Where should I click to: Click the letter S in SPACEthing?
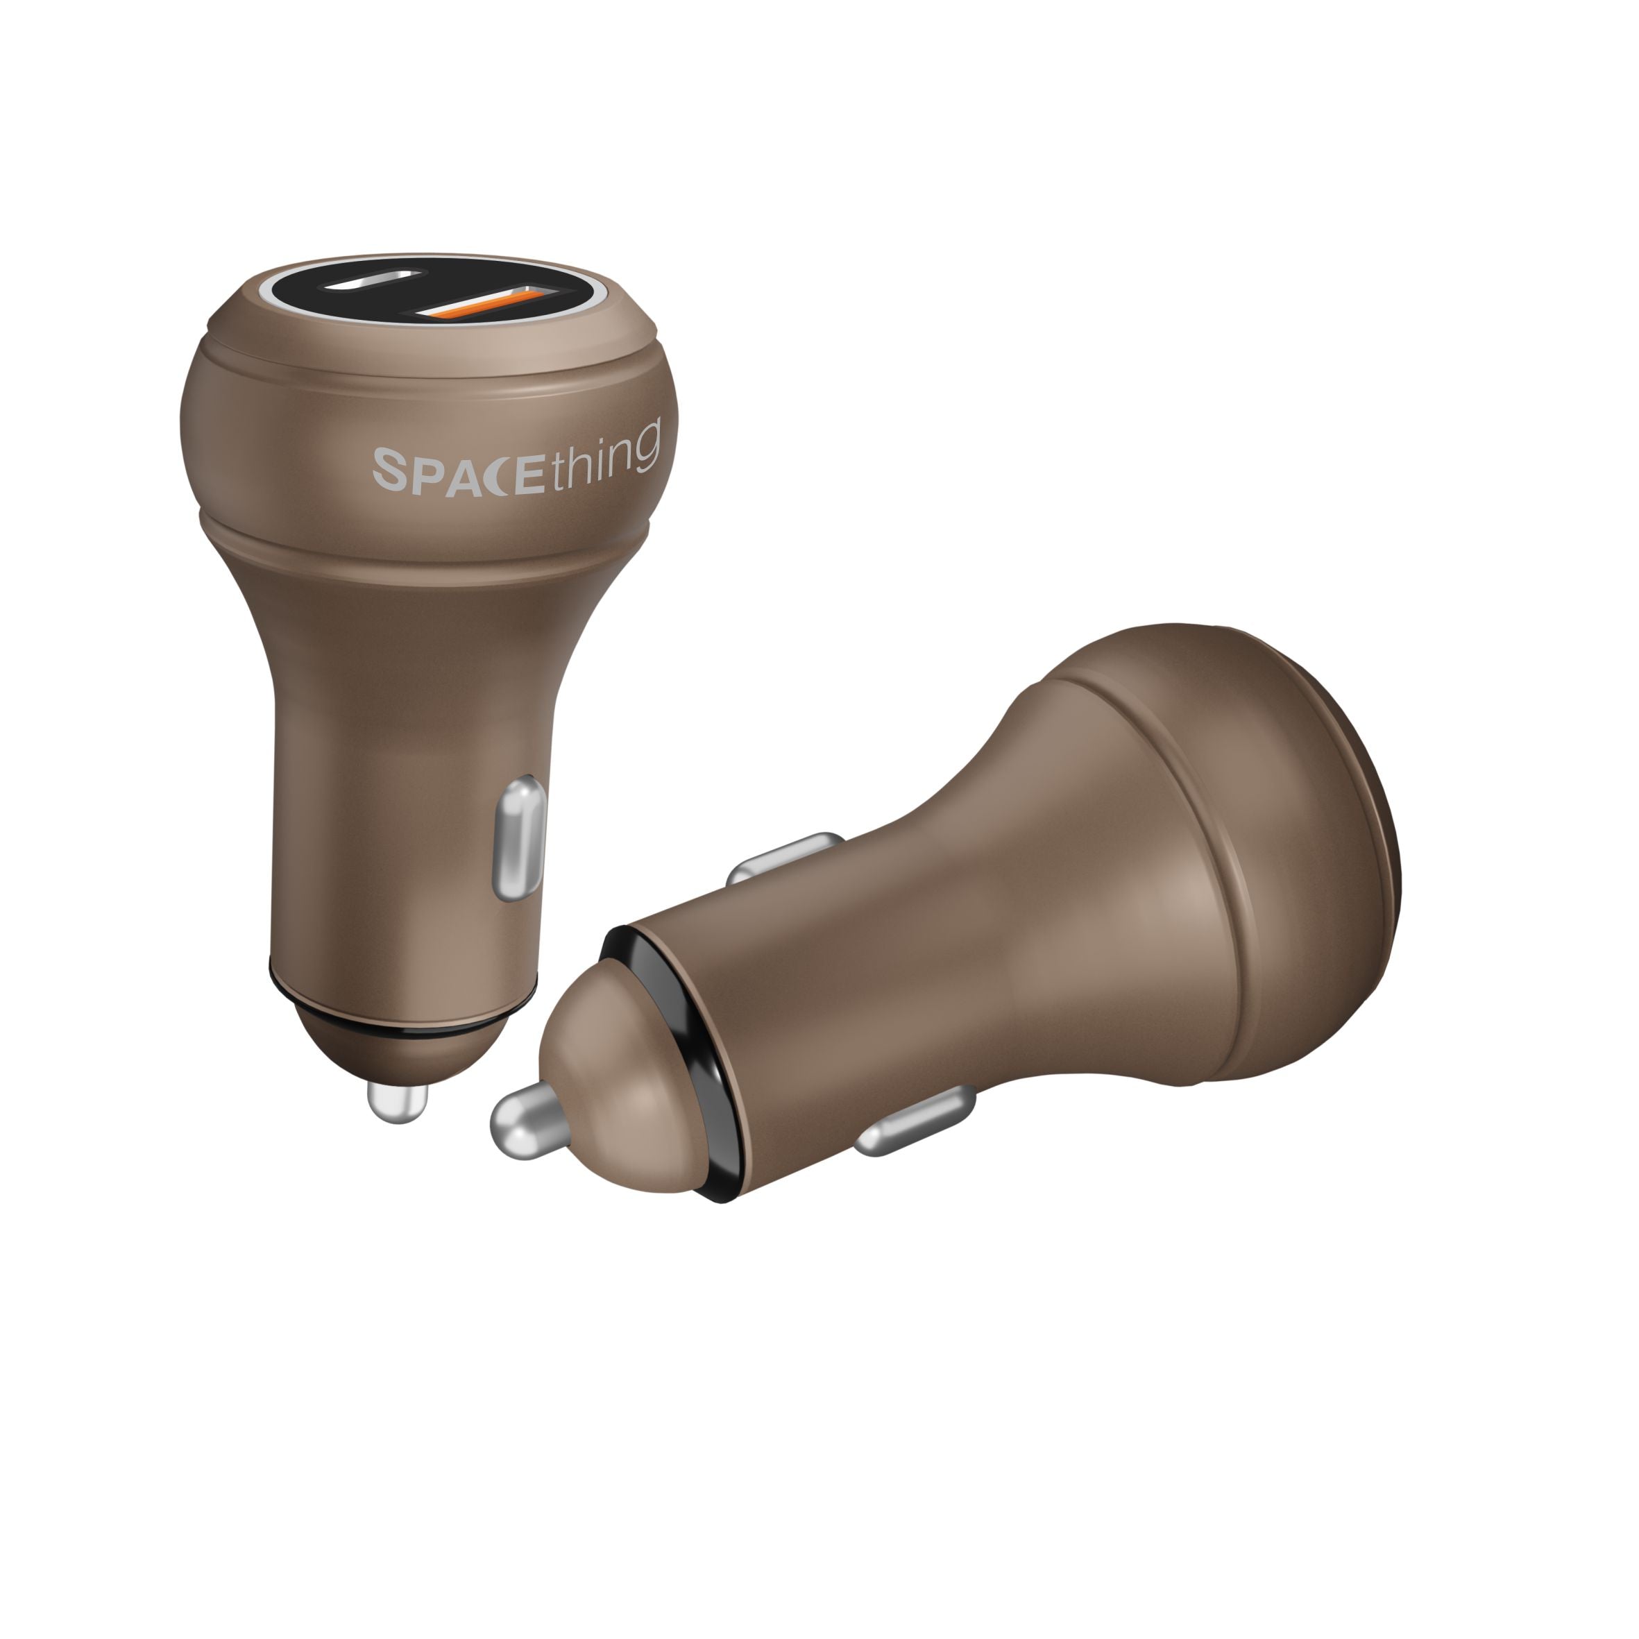pos(392,472)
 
